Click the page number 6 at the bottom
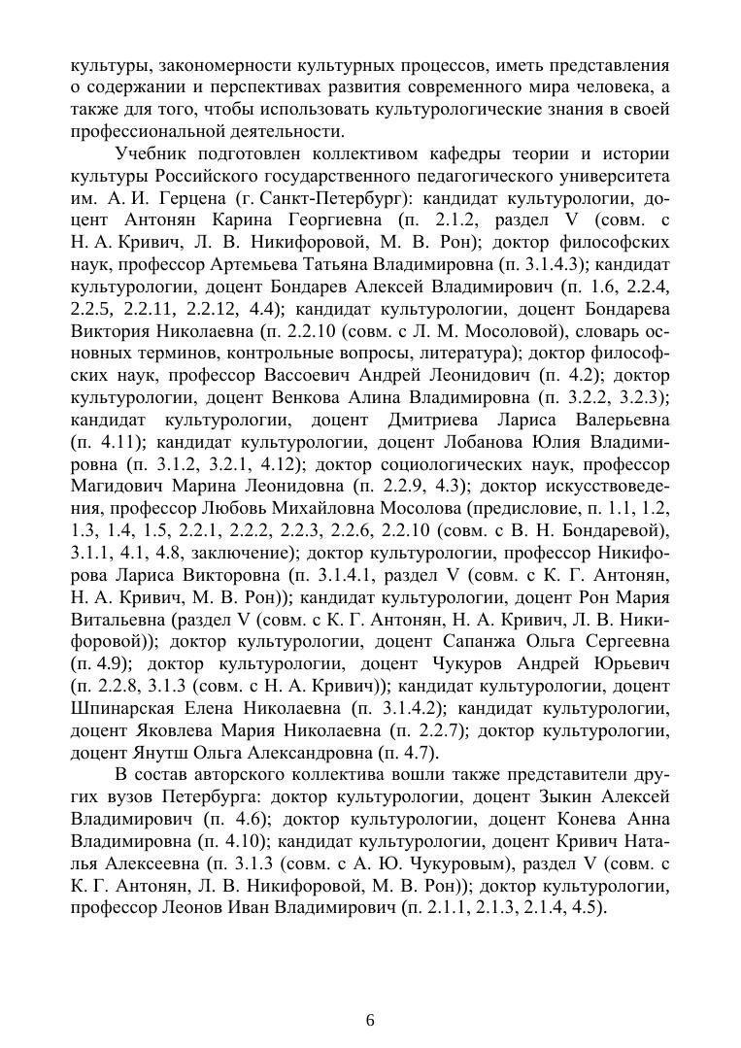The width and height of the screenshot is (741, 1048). [x=370, y=1020]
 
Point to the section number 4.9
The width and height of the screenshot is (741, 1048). [x=104, y=663]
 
